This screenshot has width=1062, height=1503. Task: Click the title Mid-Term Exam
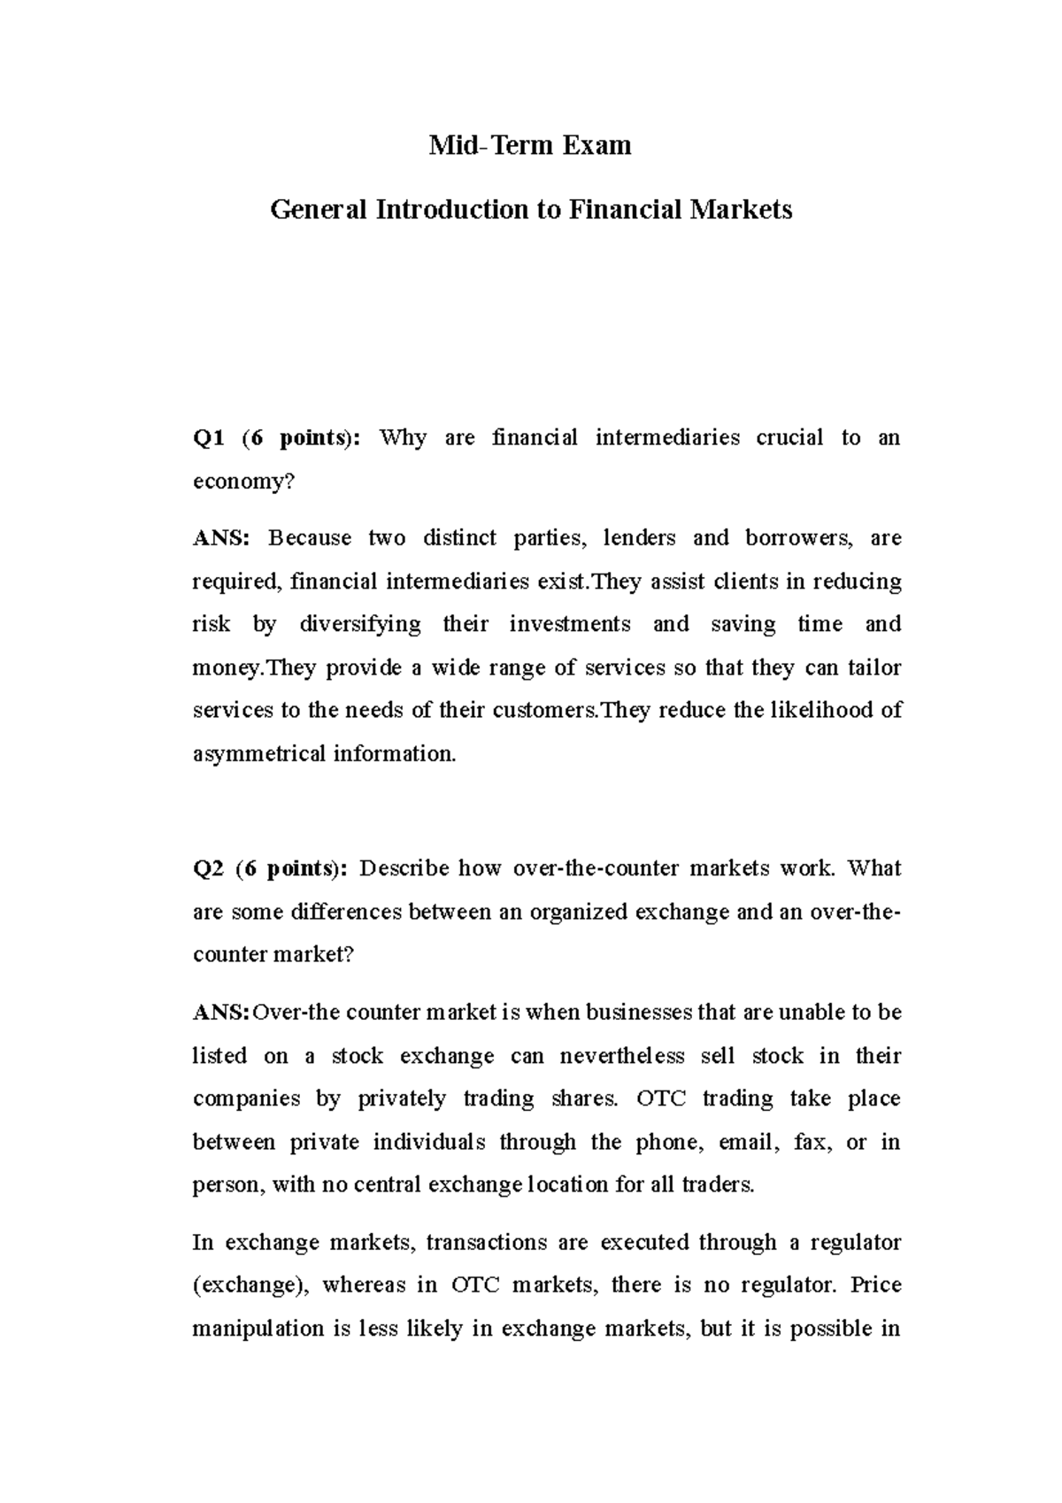tap(530, 145)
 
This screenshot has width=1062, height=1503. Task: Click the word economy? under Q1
tap(242, 481)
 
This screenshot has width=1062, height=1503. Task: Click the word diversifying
tap(360, 625)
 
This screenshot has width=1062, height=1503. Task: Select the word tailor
tap(874, 667)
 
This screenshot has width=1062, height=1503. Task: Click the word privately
tap(402, 1099)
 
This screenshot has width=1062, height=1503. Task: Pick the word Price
tap(875, 1285)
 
